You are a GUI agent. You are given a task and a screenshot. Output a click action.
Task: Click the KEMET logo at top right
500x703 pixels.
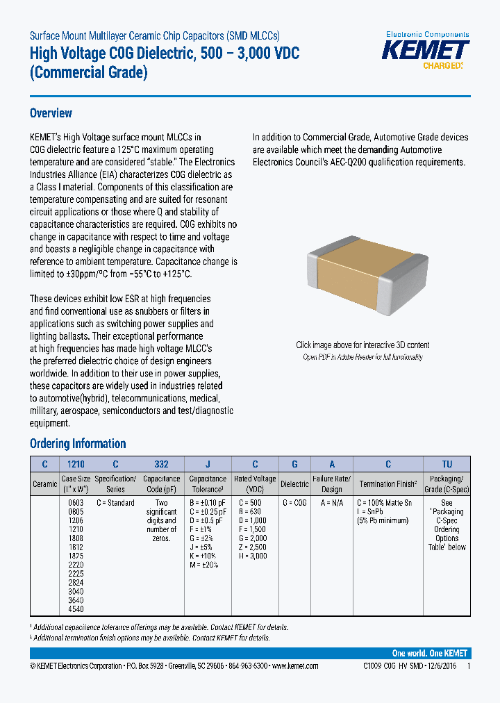(427, 51)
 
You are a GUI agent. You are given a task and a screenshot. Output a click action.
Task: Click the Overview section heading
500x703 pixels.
(51, 113)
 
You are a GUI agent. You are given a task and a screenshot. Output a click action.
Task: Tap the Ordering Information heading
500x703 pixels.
(78, 444)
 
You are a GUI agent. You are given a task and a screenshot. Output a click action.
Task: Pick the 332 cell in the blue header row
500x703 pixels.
(161, 464)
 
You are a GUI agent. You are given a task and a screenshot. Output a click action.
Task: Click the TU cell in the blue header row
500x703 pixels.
(447, 464)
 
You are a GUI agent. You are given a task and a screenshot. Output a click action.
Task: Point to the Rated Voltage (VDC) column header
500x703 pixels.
(255, 483)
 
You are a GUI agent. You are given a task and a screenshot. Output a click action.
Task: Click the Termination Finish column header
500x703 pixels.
(387, 483)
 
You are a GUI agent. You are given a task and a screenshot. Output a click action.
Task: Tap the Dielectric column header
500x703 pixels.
(294, 483)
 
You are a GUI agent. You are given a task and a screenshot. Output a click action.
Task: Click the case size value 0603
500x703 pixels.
(76, 503)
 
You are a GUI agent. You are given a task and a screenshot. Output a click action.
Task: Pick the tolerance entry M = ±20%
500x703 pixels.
(204, 565)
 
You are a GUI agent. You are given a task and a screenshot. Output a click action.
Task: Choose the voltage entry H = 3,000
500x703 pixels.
(253, 556)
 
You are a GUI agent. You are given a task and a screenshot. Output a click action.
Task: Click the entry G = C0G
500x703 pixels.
(295, 503)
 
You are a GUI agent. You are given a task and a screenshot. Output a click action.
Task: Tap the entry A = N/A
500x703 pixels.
(331, 503)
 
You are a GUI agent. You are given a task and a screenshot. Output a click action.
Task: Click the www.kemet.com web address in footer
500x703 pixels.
(295, 666)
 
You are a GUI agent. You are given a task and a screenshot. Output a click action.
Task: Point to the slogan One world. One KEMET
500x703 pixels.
(429, 654)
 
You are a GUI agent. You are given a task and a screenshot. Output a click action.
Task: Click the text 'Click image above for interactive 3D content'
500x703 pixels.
(362, 345)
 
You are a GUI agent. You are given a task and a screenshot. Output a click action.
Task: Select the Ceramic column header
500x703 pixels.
(45, 483)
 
